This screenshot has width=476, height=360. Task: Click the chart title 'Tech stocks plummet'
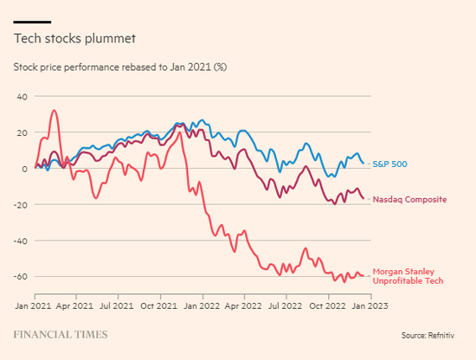point(74,39)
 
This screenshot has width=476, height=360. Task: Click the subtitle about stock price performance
point(120,67)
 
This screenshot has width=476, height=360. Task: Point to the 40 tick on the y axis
point(23,97)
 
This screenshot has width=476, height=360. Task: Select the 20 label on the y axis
point(23,132)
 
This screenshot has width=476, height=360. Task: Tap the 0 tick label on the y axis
point(24,169)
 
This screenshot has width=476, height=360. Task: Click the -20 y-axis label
point(21,205)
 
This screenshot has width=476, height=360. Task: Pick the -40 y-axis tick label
point(21,241)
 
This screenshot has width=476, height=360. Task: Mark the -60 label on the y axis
point(21,277)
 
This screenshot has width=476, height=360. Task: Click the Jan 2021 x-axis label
point(33,305)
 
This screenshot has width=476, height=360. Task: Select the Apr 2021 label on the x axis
point(74,305)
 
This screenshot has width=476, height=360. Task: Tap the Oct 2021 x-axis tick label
point(158,305)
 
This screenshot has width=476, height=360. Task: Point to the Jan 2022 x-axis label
point(202,305)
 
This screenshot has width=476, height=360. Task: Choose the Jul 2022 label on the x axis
point(285,305)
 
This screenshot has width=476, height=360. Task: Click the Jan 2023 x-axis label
point(370,305)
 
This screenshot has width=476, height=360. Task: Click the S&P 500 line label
point(389,164)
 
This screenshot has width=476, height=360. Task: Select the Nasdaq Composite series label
point(409,200)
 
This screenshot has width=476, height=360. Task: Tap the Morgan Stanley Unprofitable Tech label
point(408,276)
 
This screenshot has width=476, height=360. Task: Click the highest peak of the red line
point(54,110)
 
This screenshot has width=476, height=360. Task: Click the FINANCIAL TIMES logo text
point(61,335)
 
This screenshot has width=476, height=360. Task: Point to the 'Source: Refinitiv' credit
point(428,336)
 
